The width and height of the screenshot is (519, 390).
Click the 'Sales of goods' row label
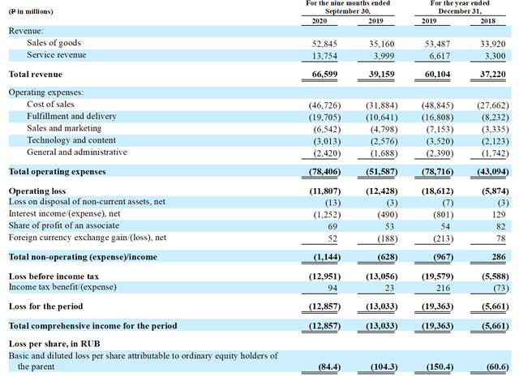tap(54, 43)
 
